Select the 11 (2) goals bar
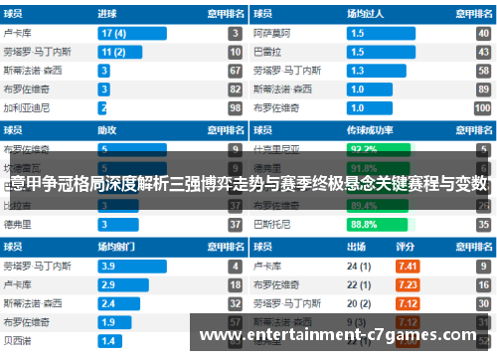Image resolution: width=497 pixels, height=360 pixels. [124, 52]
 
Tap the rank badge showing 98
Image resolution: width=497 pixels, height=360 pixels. [235, 107]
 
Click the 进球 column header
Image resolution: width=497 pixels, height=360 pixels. [106, 14]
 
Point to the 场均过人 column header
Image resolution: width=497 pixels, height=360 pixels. [363, 14]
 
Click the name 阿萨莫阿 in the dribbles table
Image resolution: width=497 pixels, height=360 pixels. [274, 33]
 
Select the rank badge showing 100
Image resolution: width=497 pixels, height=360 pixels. [483, 107]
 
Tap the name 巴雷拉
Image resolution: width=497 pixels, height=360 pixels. [267, 52]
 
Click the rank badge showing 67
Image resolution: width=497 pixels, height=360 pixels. [235, 71]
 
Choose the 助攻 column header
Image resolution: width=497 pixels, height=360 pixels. [106, 129]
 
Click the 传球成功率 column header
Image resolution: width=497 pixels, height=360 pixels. [369, 129]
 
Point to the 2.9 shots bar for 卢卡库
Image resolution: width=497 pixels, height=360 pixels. [120, 284]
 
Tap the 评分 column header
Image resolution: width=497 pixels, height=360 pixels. [406, 247]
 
